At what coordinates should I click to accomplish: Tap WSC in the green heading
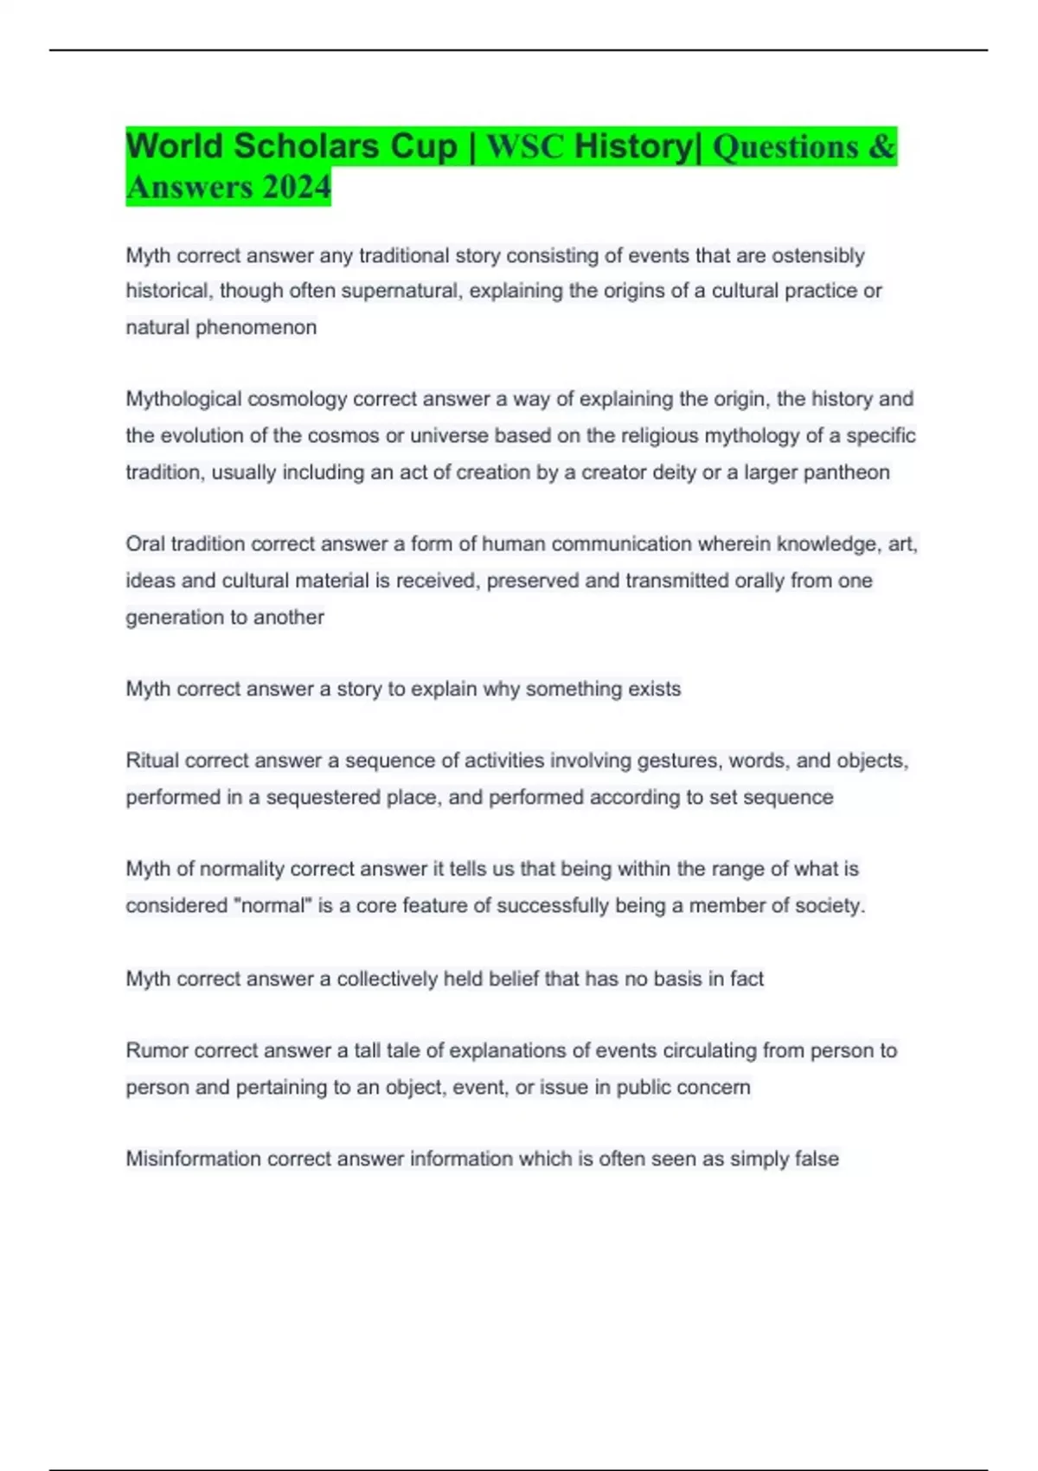tap(525, 147)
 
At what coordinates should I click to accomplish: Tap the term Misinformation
tap(193, 1159)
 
